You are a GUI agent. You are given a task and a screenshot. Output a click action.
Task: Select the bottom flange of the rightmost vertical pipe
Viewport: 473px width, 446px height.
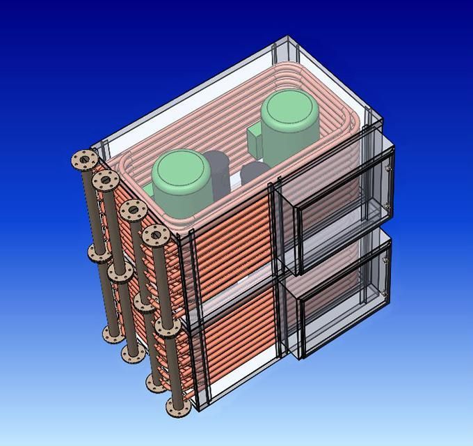[x=175, y=406]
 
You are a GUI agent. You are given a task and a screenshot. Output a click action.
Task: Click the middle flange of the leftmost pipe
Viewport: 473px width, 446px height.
[x=97, y=249]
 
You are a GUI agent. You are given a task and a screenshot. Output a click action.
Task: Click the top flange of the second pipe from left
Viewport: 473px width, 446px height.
[x=104, y=181]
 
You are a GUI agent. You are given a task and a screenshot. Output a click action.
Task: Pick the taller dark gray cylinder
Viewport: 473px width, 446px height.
[x=217, y=174]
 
